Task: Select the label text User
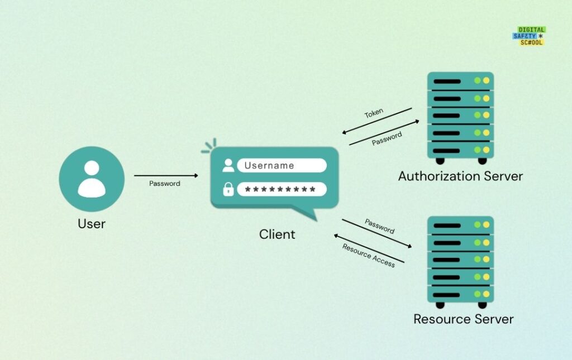pos(92,224)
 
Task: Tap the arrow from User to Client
pos(166,176)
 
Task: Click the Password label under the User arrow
pos(165,184)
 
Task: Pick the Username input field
pos(282,165)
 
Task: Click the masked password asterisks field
pos(282,190)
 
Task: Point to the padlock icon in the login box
pos(228,190)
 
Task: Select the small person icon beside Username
pos(228,165)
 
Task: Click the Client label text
pos(277,234)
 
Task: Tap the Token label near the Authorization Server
pos(374,113)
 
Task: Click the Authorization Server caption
pos(460,176)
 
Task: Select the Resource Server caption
pos(463,319)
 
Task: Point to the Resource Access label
pos(369,256)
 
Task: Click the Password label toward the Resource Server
pos(380,226)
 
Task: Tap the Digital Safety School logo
pos(528,36)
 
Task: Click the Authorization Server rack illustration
pos(460,117)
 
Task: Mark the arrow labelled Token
pos(377,121)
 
